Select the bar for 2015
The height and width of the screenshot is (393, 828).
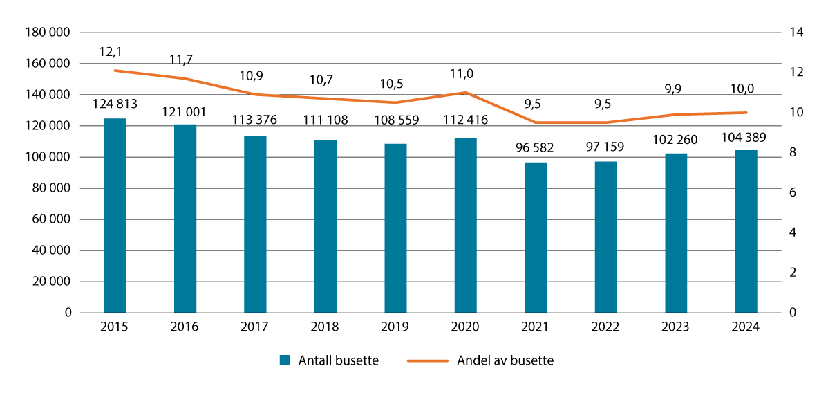[115, 216]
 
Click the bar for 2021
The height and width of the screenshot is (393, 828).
[536, 238]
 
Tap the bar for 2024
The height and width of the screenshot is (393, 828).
[746, 232]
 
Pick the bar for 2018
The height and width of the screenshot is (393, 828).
[326, 226]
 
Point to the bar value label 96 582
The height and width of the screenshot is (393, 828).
[536, 149]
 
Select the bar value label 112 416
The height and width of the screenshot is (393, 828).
[465, 120]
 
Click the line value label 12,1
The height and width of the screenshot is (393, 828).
[115, 53]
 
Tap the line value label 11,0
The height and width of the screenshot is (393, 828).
[465, 74]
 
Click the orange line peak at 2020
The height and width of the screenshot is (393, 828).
[465, 92]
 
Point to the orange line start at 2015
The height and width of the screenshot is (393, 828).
[115, 71]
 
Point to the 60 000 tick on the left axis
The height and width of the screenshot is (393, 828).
[53, 219]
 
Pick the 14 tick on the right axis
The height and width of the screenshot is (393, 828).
[788, 32]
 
